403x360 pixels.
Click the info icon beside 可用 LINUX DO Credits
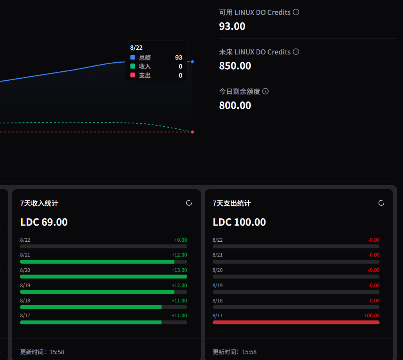point(296,12)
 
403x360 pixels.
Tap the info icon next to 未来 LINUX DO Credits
point(296,52)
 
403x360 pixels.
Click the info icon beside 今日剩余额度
point(266,91)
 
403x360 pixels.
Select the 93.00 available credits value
point(232,26)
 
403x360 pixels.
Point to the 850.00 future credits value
point(235,66)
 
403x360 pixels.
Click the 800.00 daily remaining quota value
point(235,105)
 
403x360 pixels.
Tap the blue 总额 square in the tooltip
point(133,57)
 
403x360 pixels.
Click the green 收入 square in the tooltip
point(133,66)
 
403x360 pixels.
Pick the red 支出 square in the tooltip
point(133,75)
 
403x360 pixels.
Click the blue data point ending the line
point(192,62)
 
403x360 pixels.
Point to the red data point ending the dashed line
point(192,132)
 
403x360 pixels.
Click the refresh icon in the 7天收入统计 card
point(189,203)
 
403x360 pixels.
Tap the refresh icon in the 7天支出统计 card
point(381,203)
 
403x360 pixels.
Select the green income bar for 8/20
point(103,277)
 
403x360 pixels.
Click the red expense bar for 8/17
point(296,322)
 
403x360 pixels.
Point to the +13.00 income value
point(179,270)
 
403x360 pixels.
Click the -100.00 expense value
point(371,315)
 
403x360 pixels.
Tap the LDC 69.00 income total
point(44,222)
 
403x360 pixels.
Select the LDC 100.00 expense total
point(239,222)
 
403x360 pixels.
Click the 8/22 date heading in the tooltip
point(136,47)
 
